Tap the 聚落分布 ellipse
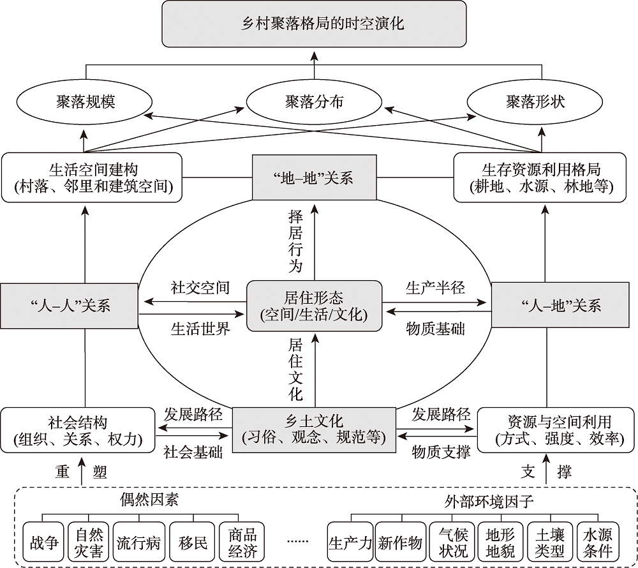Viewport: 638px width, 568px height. point(314,101)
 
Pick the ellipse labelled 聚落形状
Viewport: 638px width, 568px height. point(535,101)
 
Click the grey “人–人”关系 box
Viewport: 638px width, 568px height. point(70,305)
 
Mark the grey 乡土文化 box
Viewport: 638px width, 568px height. point(314,429)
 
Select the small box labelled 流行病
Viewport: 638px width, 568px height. point(138,543)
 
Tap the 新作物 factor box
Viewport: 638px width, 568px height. point(399,543)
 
